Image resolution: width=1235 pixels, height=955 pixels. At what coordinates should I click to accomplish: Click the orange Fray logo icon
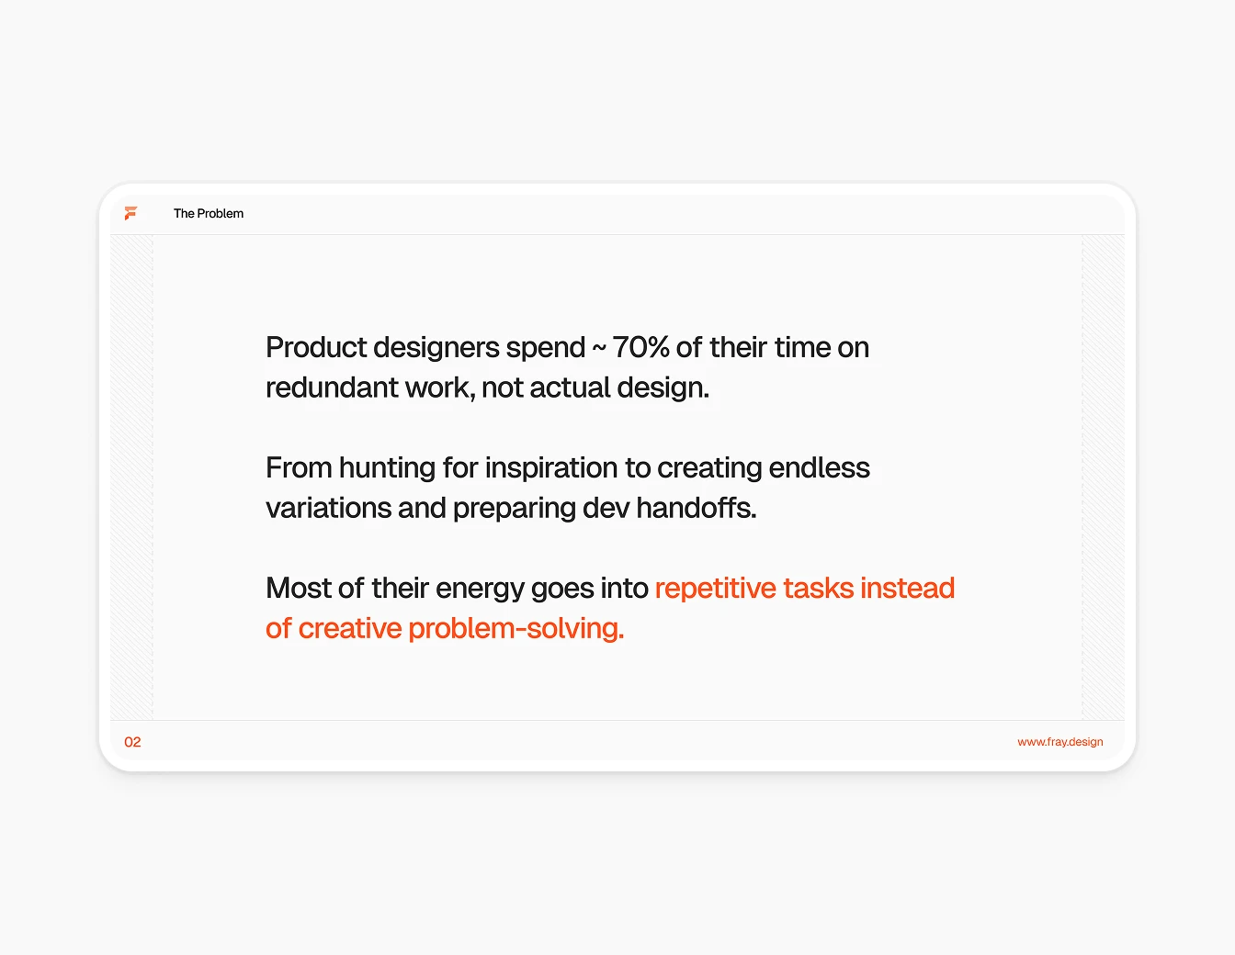click(x=130, y=213)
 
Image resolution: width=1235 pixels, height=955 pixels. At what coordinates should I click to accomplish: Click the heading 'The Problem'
click(x=209, y=213)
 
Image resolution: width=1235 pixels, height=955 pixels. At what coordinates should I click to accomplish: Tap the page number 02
click(x=132, y=742)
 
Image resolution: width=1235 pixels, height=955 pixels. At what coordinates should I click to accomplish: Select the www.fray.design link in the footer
click(x=1059, y=742)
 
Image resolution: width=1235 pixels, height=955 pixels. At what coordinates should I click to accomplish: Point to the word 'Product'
click(x=316, y=347)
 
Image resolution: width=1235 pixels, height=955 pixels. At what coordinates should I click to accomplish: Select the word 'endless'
click(x=819, y=467)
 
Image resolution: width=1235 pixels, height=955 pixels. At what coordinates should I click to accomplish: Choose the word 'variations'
click(x=328, y=508)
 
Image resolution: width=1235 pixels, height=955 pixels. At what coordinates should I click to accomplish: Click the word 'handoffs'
click(x=694, y=508)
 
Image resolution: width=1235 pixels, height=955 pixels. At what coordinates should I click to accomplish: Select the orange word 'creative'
click(x=350, y=628)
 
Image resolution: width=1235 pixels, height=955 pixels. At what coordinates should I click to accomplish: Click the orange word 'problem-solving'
click(x=515, y=628)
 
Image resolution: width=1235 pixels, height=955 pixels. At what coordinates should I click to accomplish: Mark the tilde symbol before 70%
click(x=598, y=348)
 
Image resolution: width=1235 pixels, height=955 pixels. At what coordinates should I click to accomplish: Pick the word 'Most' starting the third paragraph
click(x=295, y=588)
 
